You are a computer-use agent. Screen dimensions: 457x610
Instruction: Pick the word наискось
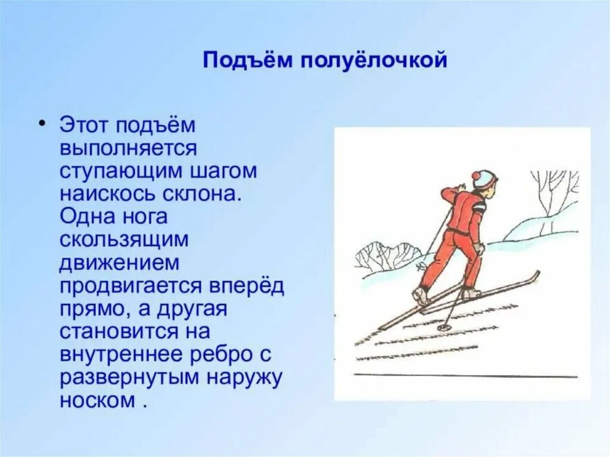107,194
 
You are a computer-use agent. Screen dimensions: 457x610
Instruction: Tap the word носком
98,399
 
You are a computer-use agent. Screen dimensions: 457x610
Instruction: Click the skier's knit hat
484,178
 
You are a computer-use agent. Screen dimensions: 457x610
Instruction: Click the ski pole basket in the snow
443,327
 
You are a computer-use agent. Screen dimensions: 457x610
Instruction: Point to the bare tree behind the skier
553,191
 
